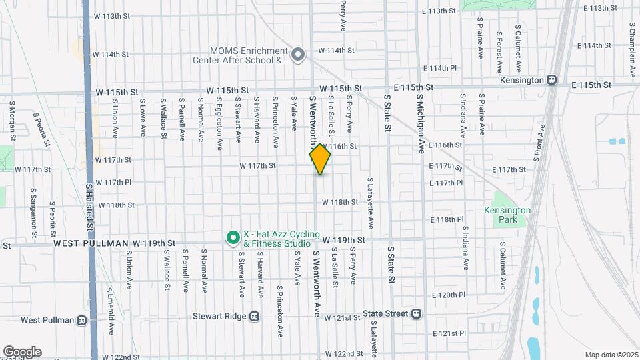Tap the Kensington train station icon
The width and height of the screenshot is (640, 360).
click(551, 80)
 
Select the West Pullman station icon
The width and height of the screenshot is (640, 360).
click(81, 320)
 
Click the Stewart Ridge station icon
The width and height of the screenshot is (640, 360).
click(253, 317)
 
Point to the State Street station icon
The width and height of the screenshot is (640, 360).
click(417, 313)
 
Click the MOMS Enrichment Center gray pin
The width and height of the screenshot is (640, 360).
click(298, 54)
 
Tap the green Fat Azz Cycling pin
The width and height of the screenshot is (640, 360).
click(233, 237)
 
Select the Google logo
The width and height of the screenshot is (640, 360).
click(22, 351)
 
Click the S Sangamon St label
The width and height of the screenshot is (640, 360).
click(33, 212)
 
